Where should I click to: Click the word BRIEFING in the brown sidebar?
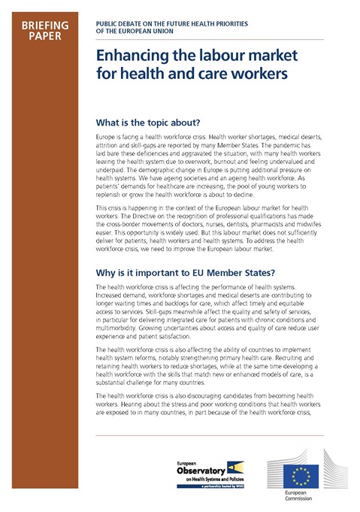pos(45,25)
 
